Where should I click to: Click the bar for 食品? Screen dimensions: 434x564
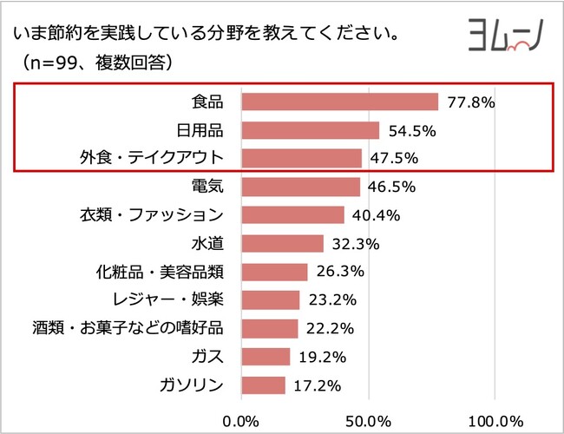point(339,102)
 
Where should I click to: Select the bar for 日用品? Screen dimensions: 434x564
point(310,130)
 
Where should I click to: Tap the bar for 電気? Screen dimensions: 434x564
point(299,187)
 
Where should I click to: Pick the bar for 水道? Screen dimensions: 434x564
point(282,243)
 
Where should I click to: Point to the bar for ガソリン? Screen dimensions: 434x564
point(263,385)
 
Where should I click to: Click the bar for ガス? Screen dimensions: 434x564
point(266,356)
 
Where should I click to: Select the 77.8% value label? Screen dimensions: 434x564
point(470,102)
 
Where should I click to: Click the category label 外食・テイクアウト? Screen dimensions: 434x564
point(151,159)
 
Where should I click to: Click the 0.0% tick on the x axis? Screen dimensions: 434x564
point(241,421)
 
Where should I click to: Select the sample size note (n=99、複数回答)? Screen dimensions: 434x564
point(91,62)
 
